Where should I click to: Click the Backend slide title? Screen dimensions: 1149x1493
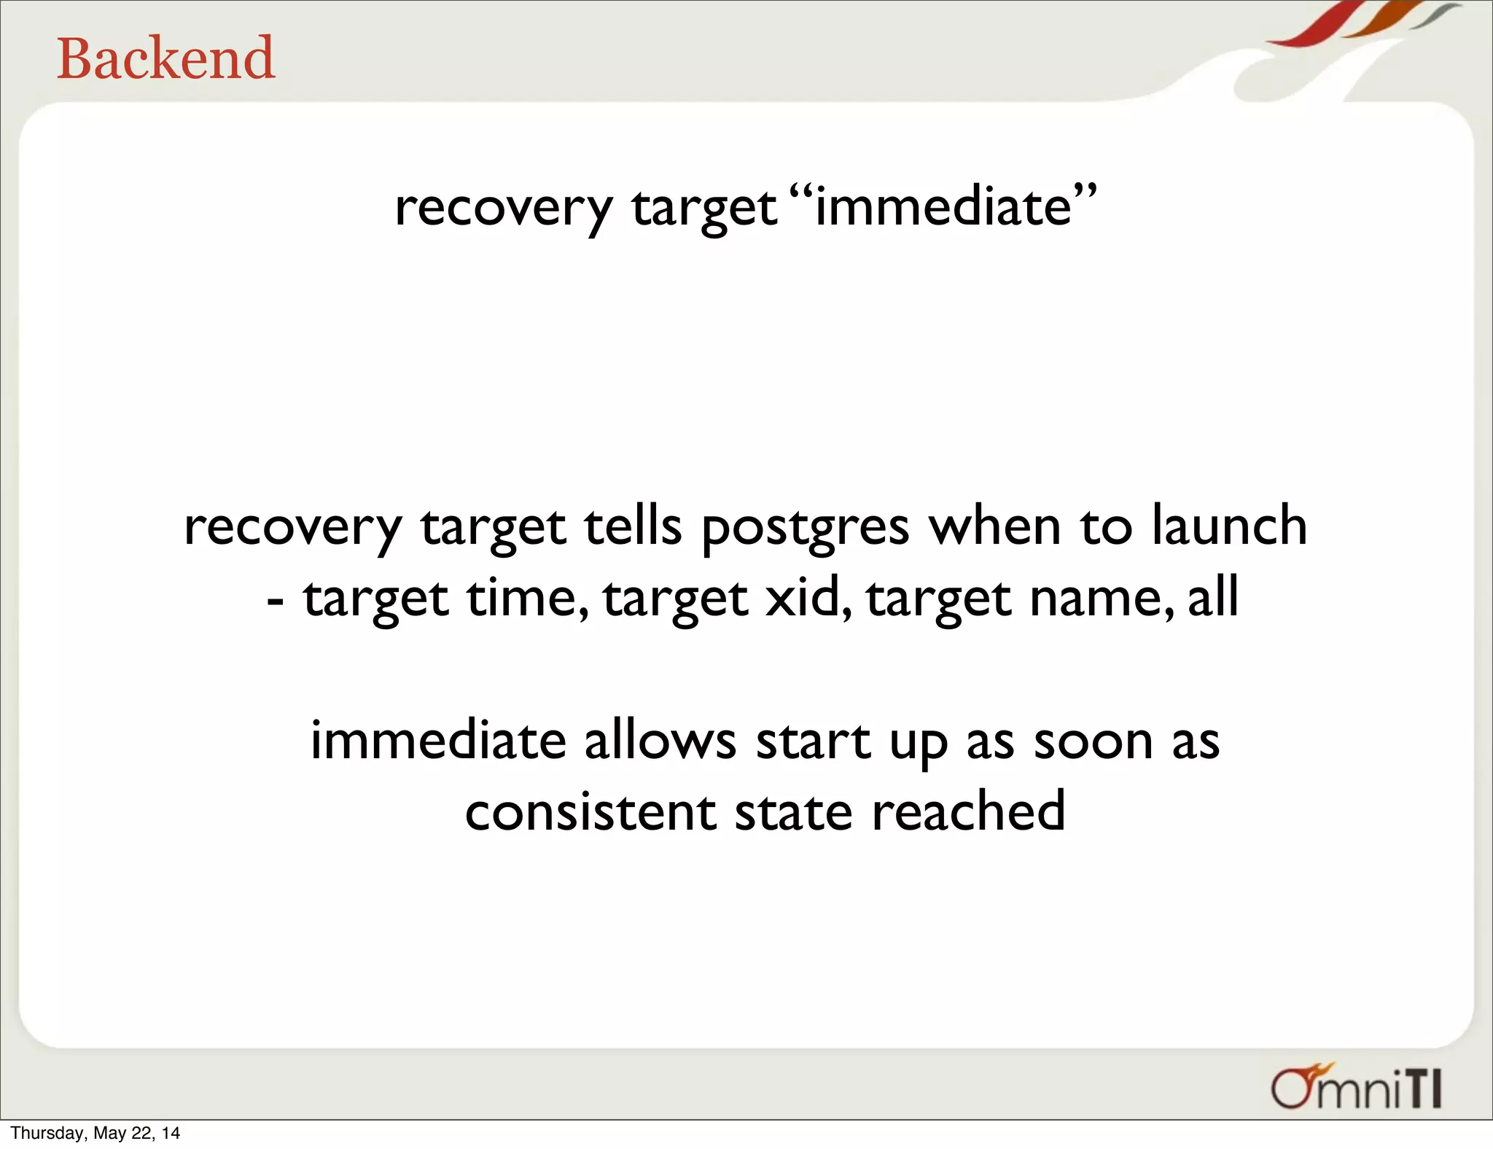166,58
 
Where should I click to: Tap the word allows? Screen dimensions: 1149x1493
660,741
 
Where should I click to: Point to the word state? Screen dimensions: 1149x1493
793,812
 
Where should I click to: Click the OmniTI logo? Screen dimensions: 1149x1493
1357,1088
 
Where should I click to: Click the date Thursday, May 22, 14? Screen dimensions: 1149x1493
95,1133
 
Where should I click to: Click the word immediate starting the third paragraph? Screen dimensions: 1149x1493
438,741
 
